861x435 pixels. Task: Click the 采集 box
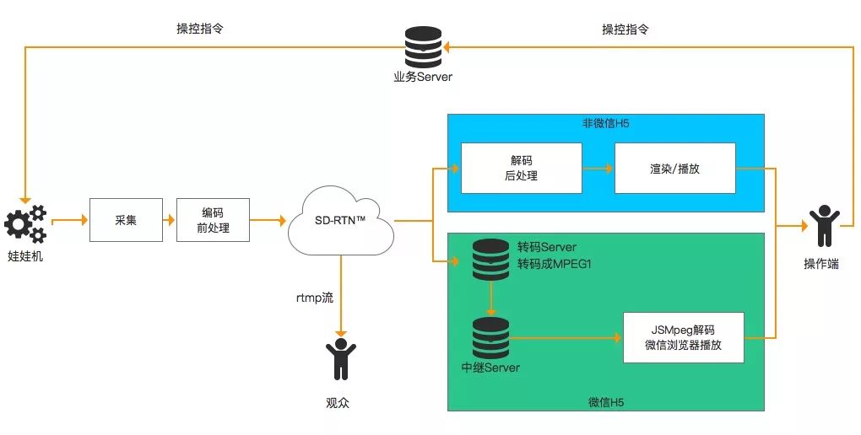pos(126,221)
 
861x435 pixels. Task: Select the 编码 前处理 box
pos(213,221)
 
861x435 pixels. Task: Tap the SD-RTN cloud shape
pos(340,221)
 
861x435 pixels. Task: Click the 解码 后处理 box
pos(521,169)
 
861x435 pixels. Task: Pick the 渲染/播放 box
pos(674,169)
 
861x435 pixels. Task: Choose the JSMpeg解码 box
pos(683,337)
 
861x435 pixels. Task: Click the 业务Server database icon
pos(423,48)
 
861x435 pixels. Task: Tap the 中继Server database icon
pos(490,337)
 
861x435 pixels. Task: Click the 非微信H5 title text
pos(605,124)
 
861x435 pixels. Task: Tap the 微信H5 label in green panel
pos(605,401)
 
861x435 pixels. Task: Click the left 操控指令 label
pos(199,30)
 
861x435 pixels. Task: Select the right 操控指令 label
pos(625,30)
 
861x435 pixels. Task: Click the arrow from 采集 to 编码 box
pos(169,221)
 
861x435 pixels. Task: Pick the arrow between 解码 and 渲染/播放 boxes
pos(598,169)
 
